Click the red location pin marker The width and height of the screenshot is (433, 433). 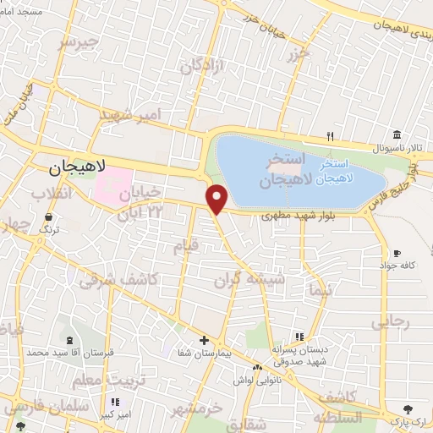click(217, 199)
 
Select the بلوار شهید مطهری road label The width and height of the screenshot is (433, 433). click(293, 217)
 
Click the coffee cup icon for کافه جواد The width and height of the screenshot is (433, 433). click(397, 253)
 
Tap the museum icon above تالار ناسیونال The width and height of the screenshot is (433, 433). click(397, 135)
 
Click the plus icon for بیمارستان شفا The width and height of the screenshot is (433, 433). click(203, 341)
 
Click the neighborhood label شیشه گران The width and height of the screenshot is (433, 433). click(261, 277)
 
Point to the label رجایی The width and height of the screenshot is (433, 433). click(390, 321)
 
